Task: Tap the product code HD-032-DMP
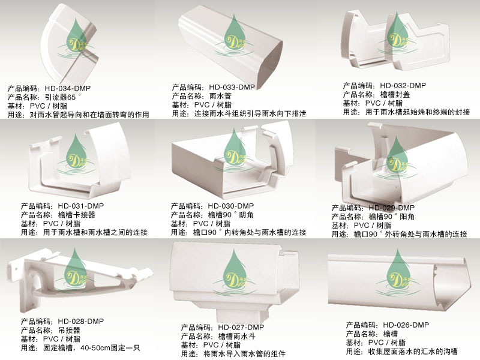click(x=403, y=85)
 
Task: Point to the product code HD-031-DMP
click(x=82, y=206)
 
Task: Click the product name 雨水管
click(x=221, y=95)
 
